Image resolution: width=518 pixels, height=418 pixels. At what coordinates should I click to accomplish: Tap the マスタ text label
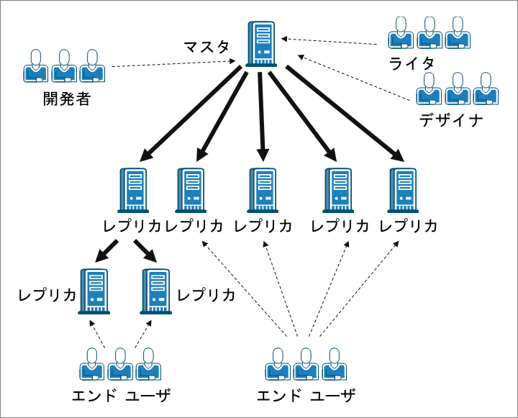(x=206, y=48)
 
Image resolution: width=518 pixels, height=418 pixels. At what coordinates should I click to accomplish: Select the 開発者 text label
(x=67, y=99)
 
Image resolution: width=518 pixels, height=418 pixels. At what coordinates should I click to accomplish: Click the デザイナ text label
(x=451, y=119)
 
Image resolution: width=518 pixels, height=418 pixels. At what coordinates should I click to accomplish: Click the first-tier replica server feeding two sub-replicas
(x=132, y=190)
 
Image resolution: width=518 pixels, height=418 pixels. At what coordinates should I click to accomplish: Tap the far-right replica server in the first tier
(x=403, y=190)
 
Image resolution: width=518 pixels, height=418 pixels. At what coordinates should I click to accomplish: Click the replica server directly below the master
(x=263, y=190)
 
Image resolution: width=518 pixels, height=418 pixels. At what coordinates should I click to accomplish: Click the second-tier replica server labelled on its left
(x=94, y=291)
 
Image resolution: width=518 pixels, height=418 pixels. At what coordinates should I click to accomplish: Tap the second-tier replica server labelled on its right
(x=155, y=291)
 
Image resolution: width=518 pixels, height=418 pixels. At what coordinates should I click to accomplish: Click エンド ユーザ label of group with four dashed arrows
(x=306, y=395)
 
